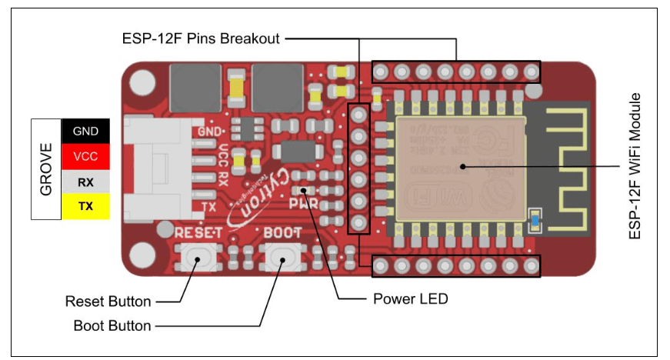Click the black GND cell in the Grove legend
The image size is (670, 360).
[85, 131]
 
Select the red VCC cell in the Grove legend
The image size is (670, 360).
[85, 156]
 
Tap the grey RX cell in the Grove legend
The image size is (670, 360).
[85, 182]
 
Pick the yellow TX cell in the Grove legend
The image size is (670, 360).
[85, 206]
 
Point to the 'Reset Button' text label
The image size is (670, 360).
[108, 301]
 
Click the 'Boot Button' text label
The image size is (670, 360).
[112, 325]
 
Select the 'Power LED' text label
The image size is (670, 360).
[410, 298]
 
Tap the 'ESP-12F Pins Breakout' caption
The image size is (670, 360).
[200, 38]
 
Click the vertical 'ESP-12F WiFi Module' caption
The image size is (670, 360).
[635, 166]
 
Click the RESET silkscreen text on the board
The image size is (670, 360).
[198, 232]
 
